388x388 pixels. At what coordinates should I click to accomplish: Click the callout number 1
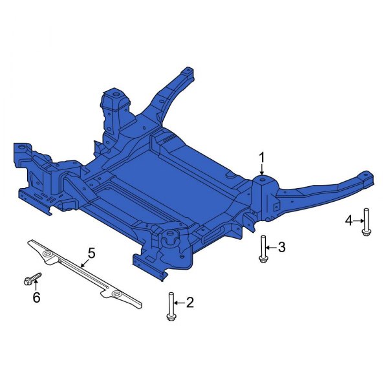tap(262, 157)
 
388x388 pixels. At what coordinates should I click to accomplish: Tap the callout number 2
tap(189, 302)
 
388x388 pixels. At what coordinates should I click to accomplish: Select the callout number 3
tap(281, 246)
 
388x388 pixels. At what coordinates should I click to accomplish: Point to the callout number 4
tap(349, 221)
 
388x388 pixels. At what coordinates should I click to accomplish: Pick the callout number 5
tap(91, 253)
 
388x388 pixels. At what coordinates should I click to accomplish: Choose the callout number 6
tap(36, 297)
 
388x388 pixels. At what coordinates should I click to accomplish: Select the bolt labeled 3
tap(263, 249)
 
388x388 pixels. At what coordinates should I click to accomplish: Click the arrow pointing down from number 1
tap(262, 169)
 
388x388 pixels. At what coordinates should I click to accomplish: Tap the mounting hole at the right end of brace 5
tap(116, 294)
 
